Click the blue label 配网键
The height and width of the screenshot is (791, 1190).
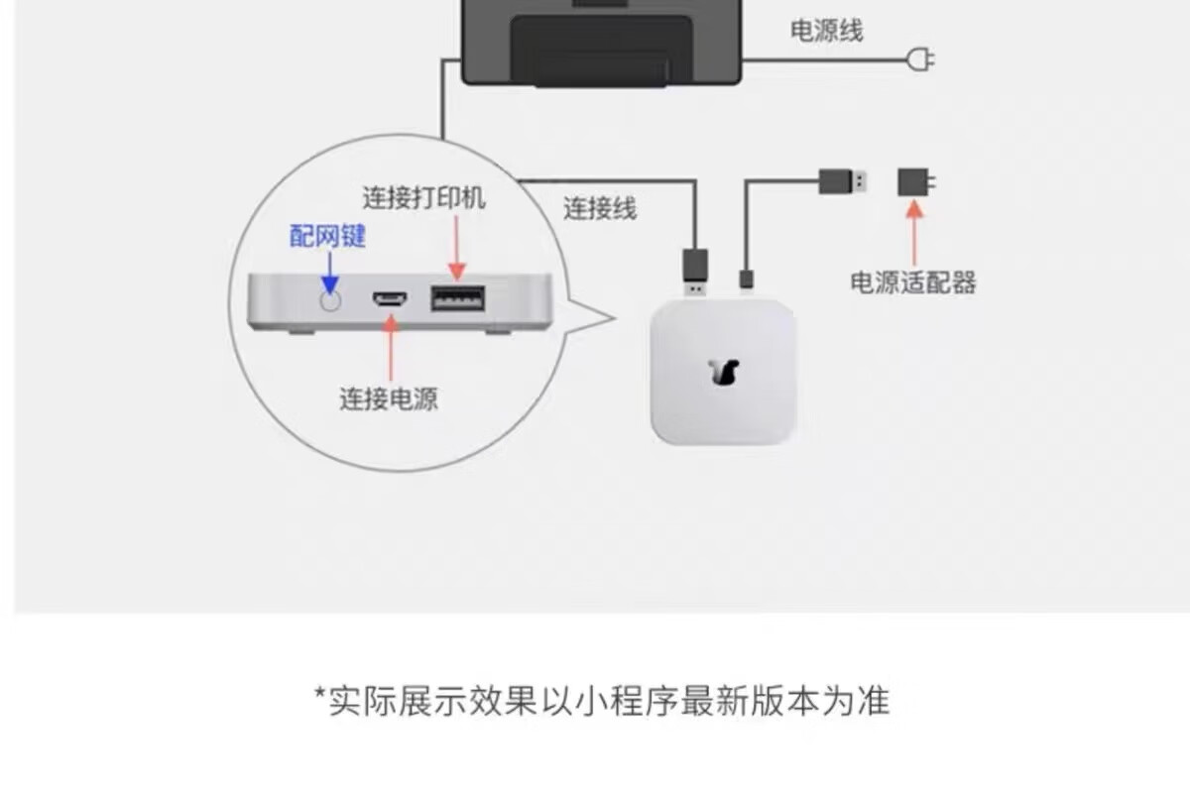(x=327, y=236)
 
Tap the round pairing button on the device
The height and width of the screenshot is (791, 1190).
(x=328, y=298)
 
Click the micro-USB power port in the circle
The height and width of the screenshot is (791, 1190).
(x=389, y=298)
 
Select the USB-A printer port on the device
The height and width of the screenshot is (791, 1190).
(x=457, y=298)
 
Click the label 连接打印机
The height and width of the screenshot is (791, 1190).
(x=423, y=198)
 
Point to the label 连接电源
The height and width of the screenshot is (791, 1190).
(x=389, y=398)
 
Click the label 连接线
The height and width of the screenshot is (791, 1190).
(x=600, y=209)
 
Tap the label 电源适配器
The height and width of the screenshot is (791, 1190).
(x=912, y=282)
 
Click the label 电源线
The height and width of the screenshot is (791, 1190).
(x=826, y=31)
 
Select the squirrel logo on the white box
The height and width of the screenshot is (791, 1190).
(x=724, y=372)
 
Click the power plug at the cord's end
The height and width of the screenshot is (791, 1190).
(x=921, y=60)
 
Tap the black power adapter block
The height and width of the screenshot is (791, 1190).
(x=914, y=181)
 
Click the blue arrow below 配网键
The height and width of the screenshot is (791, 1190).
(x=328, y=271)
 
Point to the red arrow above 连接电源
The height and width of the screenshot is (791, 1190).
(x=390, y=347)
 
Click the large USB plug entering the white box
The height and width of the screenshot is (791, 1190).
(x=695, y=270)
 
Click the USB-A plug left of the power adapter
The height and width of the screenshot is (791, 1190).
(x=843, y=181)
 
